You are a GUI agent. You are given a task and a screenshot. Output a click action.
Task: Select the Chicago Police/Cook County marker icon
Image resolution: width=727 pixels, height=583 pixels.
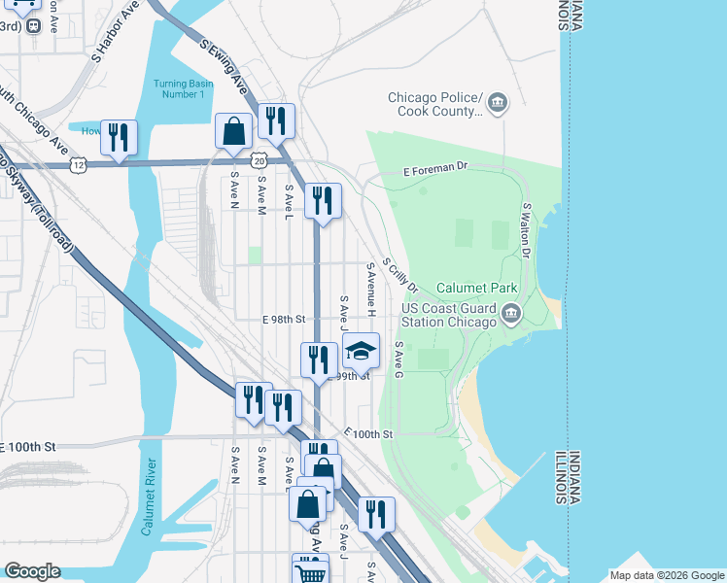(498, 102)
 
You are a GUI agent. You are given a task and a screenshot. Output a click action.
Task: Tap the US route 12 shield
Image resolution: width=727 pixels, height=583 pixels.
(77, 166)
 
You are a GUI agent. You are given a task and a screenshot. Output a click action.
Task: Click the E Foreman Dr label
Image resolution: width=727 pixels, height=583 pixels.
(436, 169)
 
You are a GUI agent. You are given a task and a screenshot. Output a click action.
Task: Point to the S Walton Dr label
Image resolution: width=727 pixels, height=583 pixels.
(526, 230)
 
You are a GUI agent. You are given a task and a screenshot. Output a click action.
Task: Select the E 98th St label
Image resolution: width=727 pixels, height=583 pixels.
(284, 319)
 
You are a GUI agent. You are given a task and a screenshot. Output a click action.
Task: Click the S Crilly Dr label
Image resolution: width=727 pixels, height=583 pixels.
(399, 275)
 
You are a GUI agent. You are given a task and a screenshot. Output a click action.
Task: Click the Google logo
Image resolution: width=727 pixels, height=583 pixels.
(31, 572)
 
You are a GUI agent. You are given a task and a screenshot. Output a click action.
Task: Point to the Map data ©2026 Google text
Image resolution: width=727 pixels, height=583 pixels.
(666, 575)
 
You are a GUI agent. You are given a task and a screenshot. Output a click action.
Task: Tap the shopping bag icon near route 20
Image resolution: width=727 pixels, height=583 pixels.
(234, 130)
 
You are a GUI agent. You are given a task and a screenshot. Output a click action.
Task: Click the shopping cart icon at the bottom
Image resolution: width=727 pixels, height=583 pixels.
(310, 571)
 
